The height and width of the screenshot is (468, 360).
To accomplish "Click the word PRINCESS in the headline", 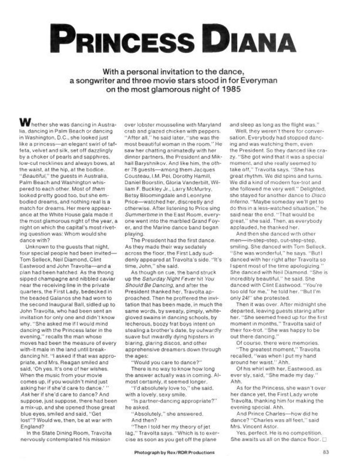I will point(125,38).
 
